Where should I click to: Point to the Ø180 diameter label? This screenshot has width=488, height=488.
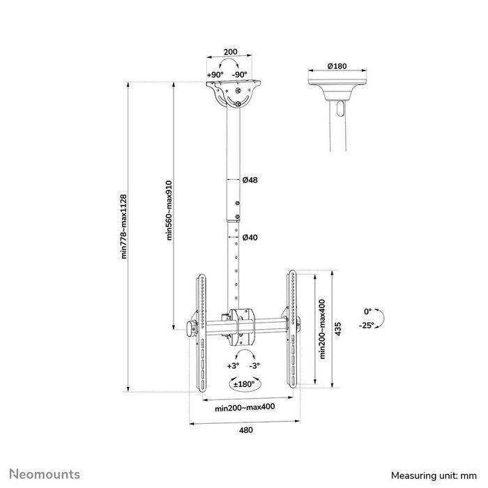pos(337,66)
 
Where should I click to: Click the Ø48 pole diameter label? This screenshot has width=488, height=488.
pos(250,180)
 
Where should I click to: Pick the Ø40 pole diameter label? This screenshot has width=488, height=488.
pos(250,238)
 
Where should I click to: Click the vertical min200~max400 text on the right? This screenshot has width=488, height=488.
pos(322,328)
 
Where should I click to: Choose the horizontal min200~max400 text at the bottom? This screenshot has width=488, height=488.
pos(244,408)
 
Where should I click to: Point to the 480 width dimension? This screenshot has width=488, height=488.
pos(245,430)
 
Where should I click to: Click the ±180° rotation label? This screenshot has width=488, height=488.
pos(245,383)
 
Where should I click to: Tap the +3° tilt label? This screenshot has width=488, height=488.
pos(233,365)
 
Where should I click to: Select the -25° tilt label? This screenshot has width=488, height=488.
pos(367,324)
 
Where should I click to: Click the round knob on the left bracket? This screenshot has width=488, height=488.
pos(191,328)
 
